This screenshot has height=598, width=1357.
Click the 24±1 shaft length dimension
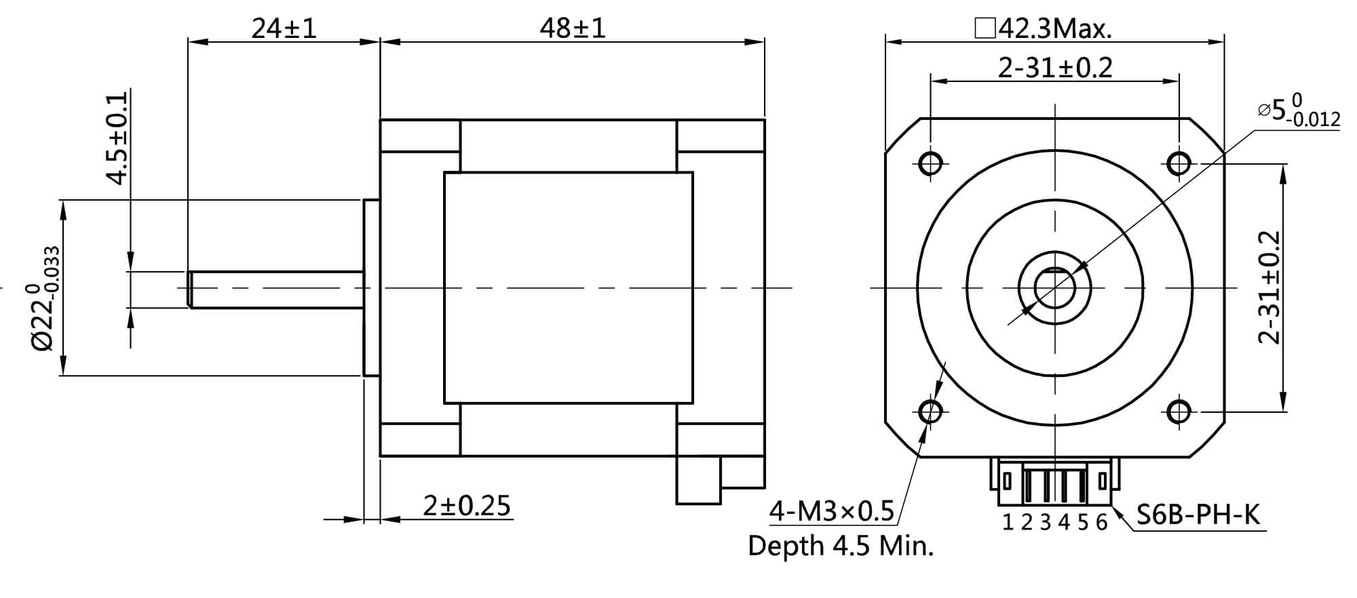pyautogui.click(x=284, y=28)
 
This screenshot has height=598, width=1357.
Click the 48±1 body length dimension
pyautogui.click(x=572, y=28)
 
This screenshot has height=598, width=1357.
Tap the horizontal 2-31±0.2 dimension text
pyautogui.click(x=1055, y=68)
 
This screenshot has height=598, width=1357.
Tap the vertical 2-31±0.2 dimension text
pyautogui.click(x=1269, y=287)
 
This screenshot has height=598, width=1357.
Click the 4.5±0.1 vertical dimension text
pyautogui.click(x=117, y=138)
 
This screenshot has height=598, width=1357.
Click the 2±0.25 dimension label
pyautogui.click(x=466, y=506)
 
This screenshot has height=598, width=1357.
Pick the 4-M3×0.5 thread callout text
pyautogui.click(x=832, y=511)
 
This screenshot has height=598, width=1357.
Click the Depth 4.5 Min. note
pyautogui.click(x=841, y=546)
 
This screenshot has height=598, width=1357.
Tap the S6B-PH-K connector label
pyautogui.click(x=1198, y=515)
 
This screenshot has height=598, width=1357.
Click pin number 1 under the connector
pyautogui.click(x=1008, y=523)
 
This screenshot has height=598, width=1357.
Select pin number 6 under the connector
pyautogui.click(x=1101, y=523)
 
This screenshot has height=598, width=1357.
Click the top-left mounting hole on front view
pyautogui.click(x=930, y=163)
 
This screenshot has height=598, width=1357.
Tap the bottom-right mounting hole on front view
pyautogui.click(x=1179, y=411)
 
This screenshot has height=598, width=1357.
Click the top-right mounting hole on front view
pyautogui.click(x=1179, y=163)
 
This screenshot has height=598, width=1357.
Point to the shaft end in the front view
pyautogui.click(x=1054, y=287)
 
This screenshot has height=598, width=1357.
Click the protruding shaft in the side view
pyautogui.click(x=275, y=290)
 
